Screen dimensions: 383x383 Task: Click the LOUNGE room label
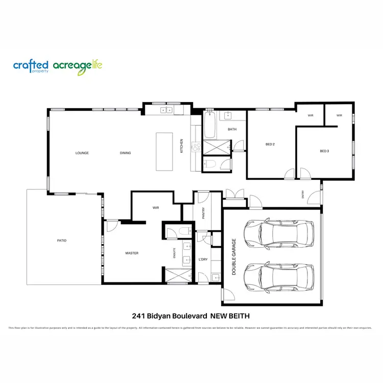82,153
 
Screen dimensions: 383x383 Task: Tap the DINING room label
125,153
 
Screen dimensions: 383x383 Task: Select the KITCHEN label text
181,146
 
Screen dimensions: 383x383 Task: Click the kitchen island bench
164,152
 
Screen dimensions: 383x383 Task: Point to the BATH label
232,129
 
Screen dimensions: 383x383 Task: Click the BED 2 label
270,144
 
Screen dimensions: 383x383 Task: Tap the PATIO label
62,241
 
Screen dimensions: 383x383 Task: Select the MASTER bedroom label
132,253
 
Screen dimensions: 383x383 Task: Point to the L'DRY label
203,259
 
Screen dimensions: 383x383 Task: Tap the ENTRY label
303,194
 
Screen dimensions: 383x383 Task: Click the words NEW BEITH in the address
230,316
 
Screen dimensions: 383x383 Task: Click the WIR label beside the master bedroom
156,208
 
